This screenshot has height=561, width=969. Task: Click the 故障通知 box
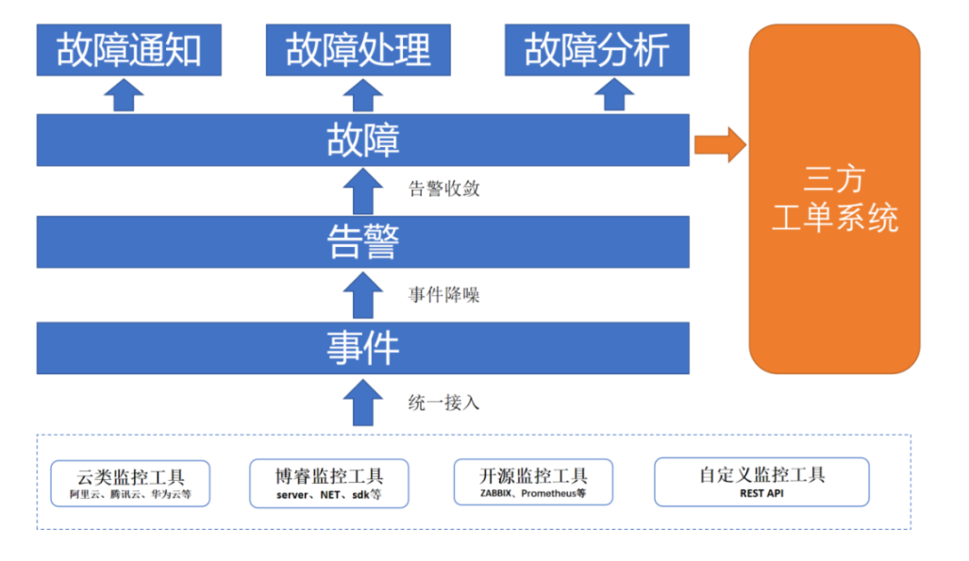coord(128,50)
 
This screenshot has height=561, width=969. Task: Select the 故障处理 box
coord(358,50)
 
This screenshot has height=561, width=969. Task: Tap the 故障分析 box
coord(597,50)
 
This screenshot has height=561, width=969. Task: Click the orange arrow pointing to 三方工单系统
coord(720,145)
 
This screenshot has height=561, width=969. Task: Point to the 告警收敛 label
coord(443,189)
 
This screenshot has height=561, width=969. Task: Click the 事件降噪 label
coord(443,295)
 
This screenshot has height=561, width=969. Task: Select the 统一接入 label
coord(443,403)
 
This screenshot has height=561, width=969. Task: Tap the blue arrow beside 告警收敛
coord(362,191)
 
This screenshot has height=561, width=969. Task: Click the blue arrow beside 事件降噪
coord(362,296)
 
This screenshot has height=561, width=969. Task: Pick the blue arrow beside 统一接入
coord(362,403)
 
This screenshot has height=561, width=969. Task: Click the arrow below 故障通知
coord(124,95)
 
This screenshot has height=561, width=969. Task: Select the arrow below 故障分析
coord(614,94)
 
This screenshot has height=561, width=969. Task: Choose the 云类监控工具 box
coord(130,484)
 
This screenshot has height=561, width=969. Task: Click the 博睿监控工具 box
coord(329,483)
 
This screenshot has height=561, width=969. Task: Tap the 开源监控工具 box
coord(533,482)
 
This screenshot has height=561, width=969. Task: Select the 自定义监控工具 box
coord(762,482)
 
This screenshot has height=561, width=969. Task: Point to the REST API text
coord(762,494)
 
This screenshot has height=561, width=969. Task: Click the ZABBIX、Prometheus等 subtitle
coord(533,493)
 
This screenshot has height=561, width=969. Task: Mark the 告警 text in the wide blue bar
coord(362,241)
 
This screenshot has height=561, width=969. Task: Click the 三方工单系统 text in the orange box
coord(835,199)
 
